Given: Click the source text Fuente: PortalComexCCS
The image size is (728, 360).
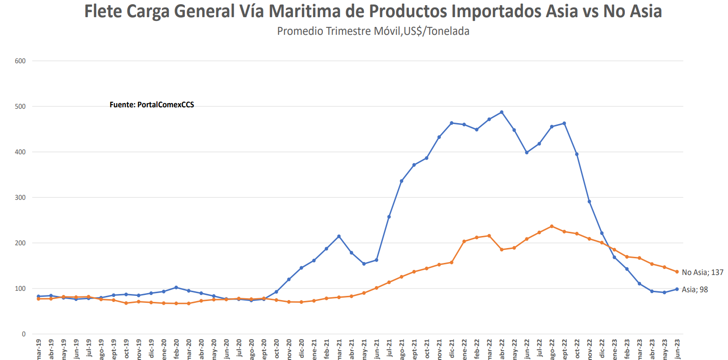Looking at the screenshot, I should [151, 105].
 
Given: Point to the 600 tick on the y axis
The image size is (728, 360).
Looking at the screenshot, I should [20, 61].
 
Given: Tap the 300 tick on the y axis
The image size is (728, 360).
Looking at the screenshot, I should [20, 197].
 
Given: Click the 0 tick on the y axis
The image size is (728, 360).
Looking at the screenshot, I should [23, 334].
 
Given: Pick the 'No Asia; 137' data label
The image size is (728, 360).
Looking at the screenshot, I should [702, 273].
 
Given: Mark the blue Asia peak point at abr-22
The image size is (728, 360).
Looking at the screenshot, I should [502, 112].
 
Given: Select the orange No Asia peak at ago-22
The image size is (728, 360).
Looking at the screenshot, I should [551, 226].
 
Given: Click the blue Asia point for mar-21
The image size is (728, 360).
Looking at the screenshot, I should [339, 236].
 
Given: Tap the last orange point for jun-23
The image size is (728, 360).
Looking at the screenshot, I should [677, 272].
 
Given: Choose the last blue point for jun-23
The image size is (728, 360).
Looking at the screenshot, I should [677, 289].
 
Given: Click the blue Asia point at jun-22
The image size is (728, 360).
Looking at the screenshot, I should [526, 152].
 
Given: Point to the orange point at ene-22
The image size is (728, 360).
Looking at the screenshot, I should [464, 242].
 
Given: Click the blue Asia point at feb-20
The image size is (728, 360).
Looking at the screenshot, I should [176, 288].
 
